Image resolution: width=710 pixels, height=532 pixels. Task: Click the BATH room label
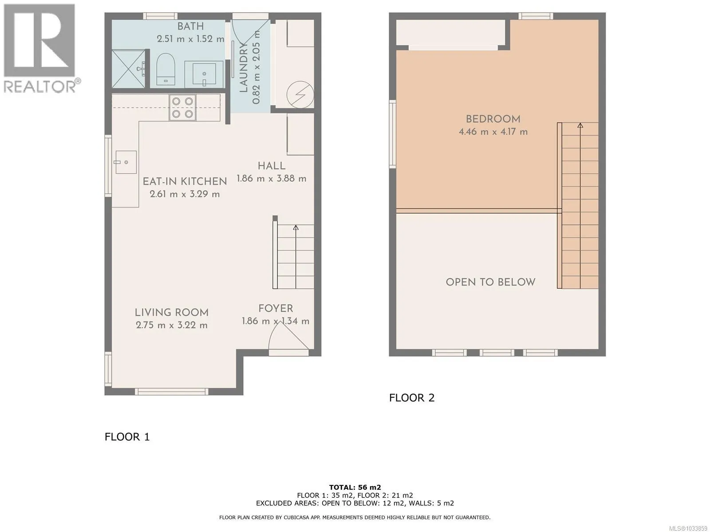(190, 26)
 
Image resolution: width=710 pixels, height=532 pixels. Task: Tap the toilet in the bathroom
(165, 69)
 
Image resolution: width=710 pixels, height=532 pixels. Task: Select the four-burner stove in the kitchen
(182, 108)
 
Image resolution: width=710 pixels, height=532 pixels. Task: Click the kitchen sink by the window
(126, 162)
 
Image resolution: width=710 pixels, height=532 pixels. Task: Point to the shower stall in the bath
(129, 68)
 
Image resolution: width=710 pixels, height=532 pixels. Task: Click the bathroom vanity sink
(204, 74)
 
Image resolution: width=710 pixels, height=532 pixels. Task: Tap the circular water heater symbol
(300, 94)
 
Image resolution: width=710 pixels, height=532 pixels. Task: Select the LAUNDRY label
(243, 67)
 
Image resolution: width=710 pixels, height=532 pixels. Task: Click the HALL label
(272, 166)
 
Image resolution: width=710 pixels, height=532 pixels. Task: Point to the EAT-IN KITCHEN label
(185, 181)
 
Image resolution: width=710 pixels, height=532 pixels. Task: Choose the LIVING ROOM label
(171, 313)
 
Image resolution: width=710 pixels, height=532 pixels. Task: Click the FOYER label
(276, 309)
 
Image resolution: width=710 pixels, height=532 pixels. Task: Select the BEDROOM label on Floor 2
(493, 119)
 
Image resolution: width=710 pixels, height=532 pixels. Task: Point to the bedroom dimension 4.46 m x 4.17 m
(493, 132)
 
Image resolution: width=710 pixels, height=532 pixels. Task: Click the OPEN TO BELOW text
(490, 282)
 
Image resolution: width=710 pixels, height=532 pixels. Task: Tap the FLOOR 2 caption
(411, 398)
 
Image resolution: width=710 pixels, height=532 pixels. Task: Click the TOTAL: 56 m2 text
(355, 487)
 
